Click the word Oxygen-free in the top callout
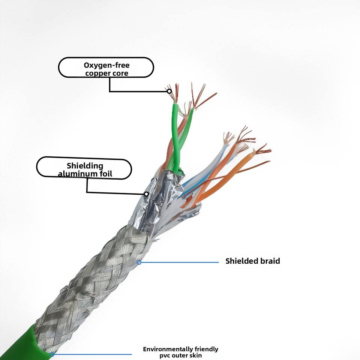(x=106, y=65)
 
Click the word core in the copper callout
(x=120, y=73)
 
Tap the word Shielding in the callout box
(x=85, y=166)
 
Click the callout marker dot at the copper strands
(x=169, y=91)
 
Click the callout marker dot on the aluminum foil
(x=146, y=194)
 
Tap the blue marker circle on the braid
(x=139, y=262)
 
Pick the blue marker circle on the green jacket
(x=52, y=354)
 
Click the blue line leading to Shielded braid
(x=180, y=262)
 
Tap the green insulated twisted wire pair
(x=176, y=139)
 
